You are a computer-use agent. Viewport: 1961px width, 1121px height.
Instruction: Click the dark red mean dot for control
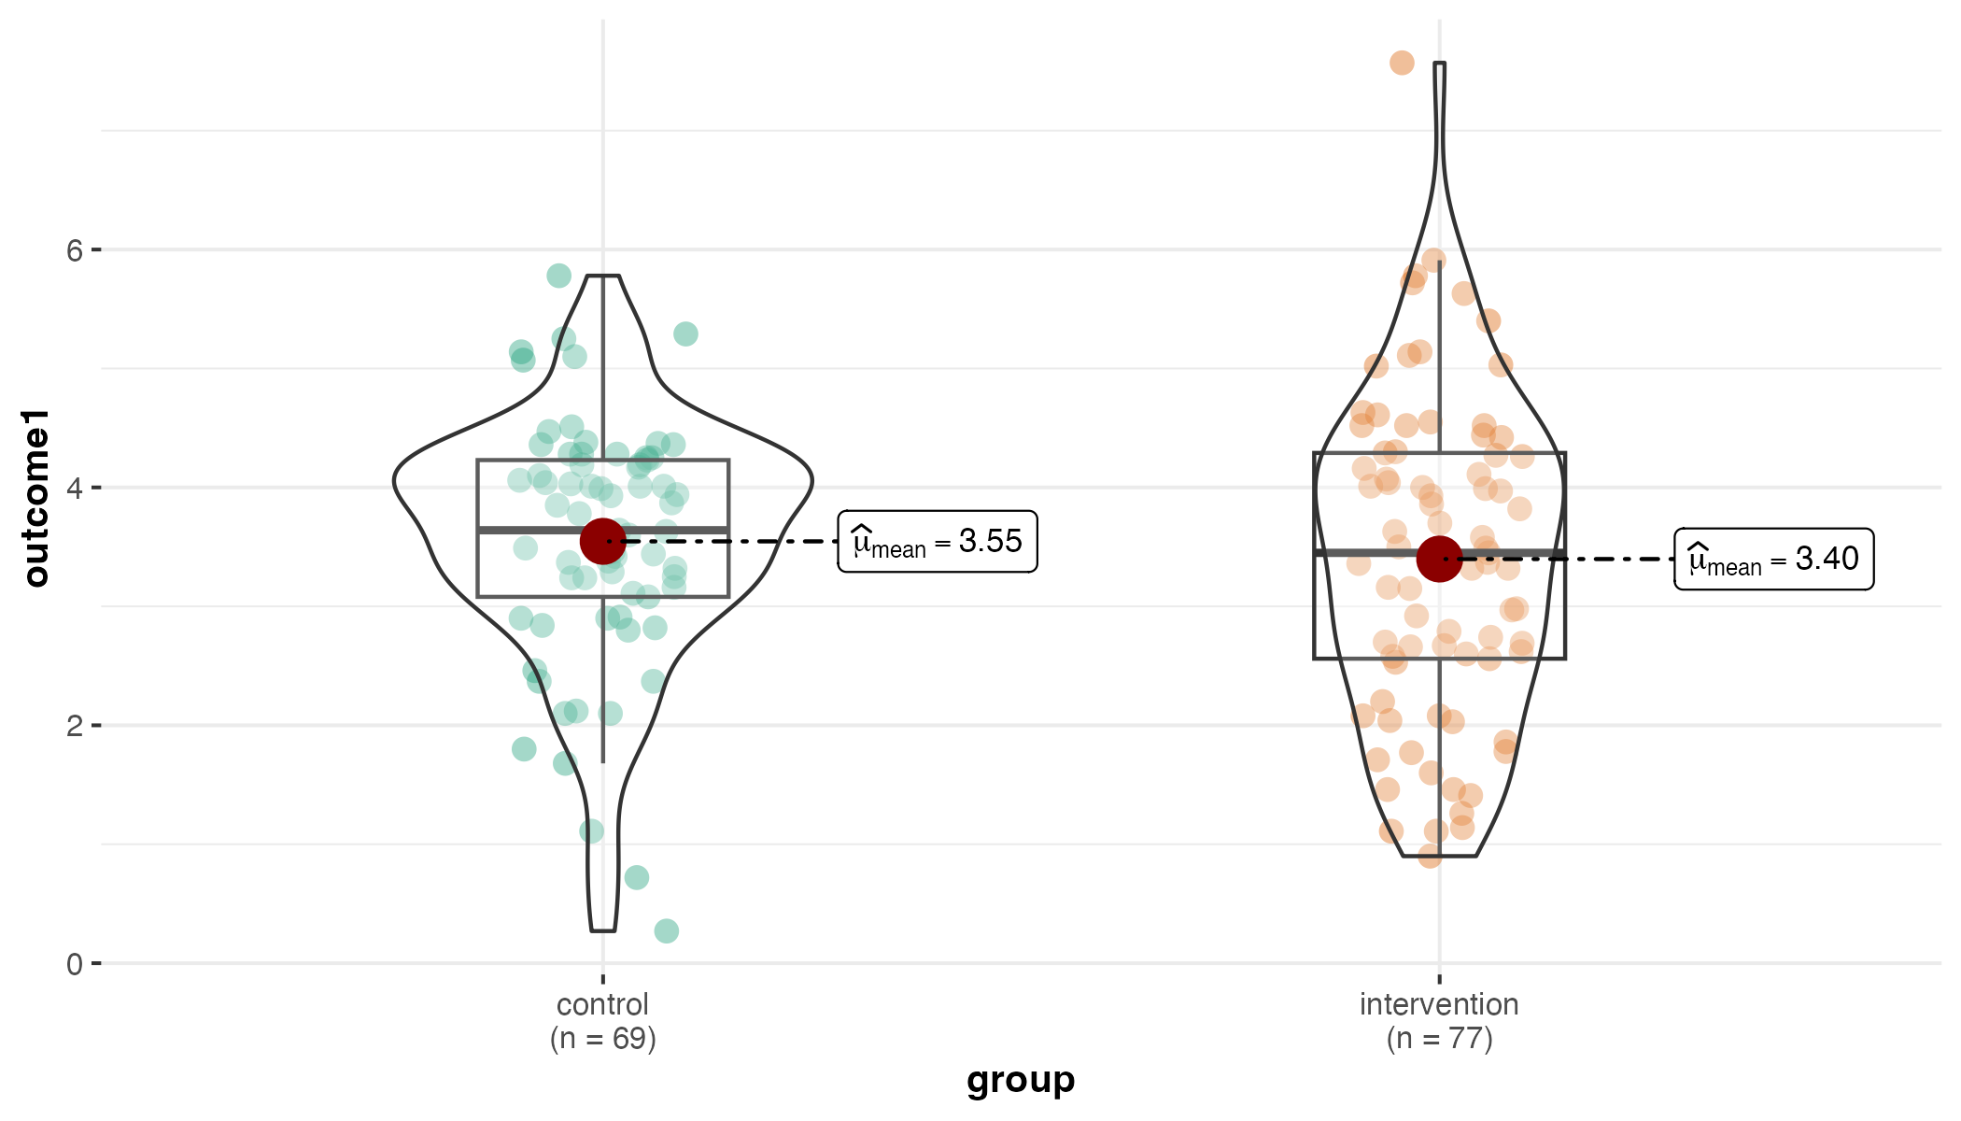pos(603,541)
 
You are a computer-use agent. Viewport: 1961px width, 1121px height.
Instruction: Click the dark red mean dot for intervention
pos(1439,559)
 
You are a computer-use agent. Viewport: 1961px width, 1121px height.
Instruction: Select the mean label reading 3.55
pos(938,542)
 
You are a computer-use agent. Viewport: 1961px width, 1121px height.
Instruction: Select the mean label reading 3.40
pos(1773,559)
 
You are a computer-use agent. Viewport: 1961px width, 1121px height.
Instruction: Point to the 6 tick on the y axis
pos(75,250)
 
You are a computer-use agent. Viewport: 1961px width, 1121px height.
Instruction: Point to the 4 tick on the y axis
pos(75,488)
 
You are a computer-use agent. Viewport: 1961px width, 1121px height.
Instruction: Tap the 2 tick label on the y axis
pos(75,726)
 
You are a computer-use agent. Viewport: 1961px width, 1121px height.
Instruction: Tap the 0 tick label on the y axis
pos(75,964)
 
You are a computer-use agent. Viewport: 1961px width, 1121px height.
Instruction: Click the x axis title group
pos(1021,1081)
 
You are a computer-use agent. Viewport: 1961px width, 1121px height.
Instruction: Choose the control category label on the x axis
pos(602,1005)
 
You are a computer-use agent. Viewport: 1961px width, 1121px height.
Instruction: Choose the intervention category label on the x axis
pos(1439,1005)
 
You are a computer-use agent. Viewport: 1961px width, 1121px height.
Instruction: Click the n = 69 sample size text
pos(602,1039)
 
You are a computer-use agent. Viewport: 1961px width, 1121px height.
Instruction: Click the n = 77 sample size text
pos(1439,1039)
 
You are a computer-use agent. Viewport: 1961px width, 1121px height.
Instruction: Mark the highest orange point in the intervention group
pos(1402,63)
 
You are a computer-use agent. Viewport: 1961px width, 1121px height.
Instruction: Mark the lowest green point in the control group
pos(666,930)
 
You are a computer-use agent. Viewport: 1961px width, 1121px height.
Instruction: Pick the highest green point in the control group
pos(558,276)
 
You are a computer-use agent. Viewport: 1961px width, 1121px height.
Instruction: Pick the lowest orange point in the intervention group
pos(1430,856)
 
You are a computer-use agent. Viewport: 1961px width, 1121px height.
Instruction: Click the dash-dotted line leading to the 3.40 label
pos(1569,559)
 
